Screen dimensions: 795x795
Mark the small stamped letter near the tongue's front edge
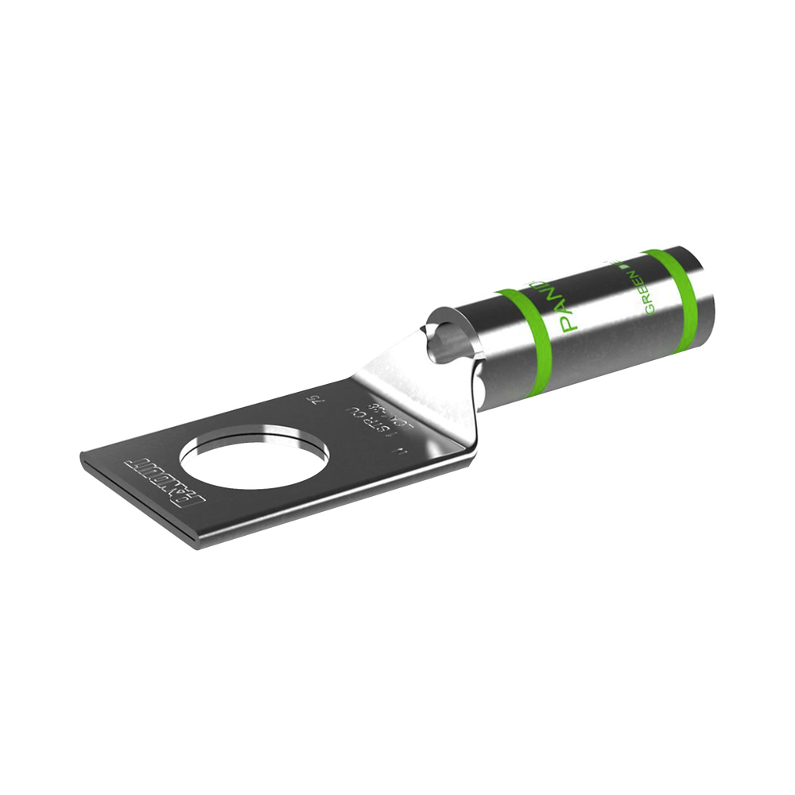(x=414, y=451)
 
